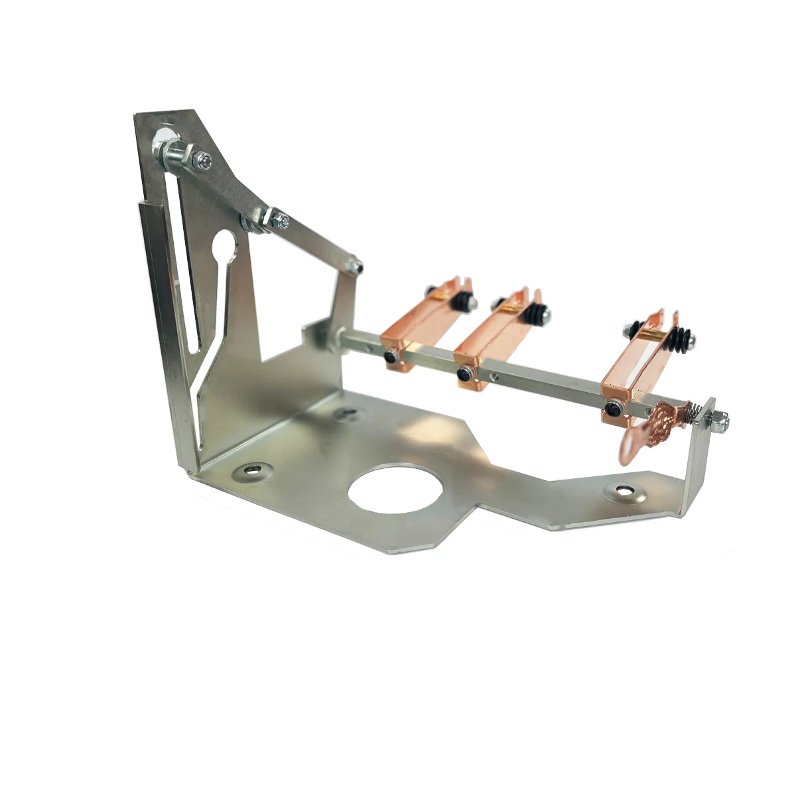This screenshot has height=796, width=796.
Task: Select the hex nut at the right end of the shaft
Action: pyautogui.click(x=720, y=421)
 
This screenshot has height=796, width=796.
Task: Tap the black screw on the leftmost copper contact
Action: pyautogui.click(x=391, y=358)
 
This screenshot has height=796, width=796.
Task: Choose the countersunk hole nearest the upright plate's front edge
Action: pyautogui.click(x=251, y=470)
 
